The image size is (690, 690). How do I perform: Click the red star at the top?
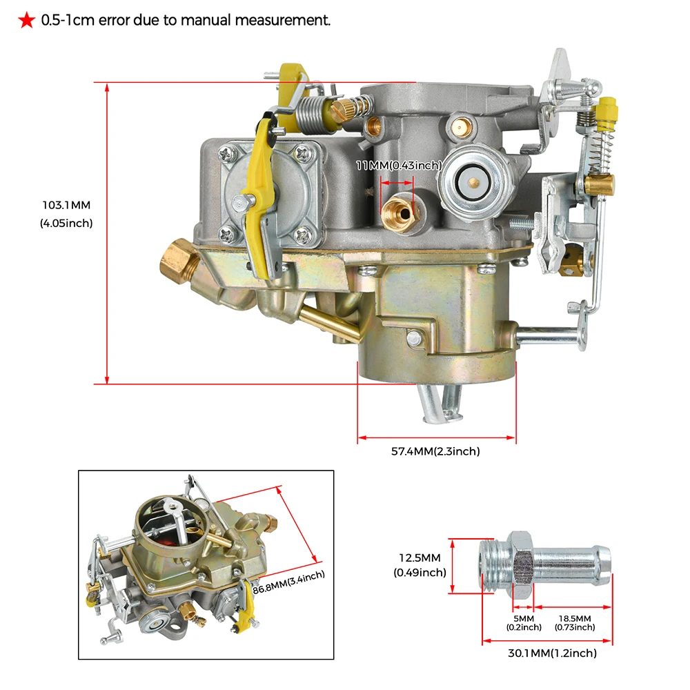click(x=26, y=21)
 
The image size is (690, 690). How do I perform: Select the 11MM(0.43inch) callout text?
click(x=398, y=166)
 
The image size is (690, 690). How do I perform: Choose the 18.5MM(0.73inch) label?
click(x=573, y=622)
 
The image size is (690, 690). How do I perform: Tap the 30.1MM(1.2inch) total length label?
click(x=546, y=653)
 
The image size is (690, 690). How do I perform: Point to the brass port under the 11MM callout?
click(x=400, y=209)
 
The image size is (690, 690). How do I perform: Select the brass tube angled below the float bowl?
click(x=328, y=323)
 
